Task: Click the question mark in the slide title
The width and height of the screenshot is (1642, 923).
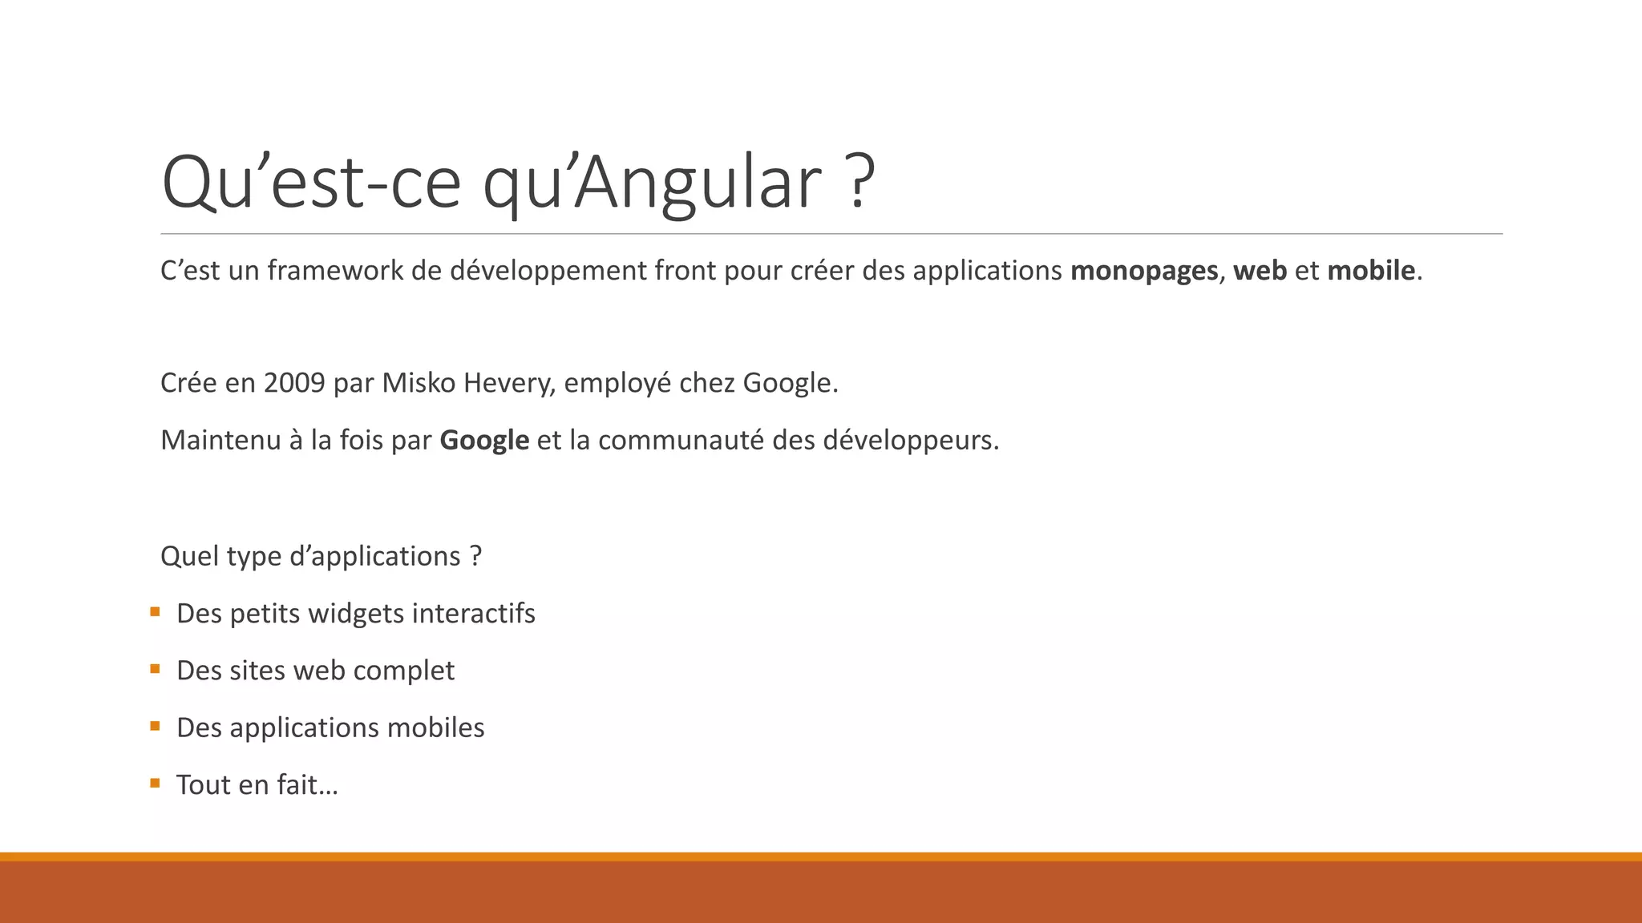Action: point(859,183)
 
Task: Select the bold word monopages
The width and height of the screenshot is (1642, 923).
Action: point(1144,271)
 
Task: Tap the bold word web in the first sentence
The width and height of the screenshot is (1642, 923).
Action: point(1260,271)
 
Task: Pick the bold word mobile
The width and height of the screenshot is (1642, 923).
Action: point(1371,271)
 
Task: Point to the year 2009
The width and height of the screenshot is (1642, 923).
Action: point(294,383)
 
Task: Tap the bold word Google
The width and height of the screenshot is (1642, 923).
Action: point(484,440)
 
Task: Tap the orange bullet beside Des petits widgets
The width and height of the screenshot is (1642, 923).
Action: point(155,612)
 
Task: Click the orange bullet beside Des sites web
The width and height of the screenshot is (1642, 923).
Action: point(155,669)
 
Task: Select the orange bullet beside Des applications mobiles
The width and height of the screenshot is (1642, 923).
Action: point(155,727)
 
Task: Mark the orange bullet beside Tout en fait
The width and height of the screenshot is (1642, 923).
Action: point(155,784)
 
